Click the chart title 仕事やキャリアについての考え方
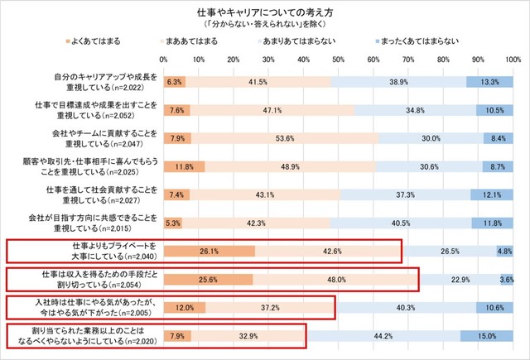coord(265,15)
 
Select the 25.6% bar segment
coord(208,280)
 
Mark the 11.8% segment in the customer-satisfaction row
coord(184,166)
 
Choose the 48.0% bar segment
coord(337,280)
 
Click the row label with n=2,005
coord(99,308)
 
